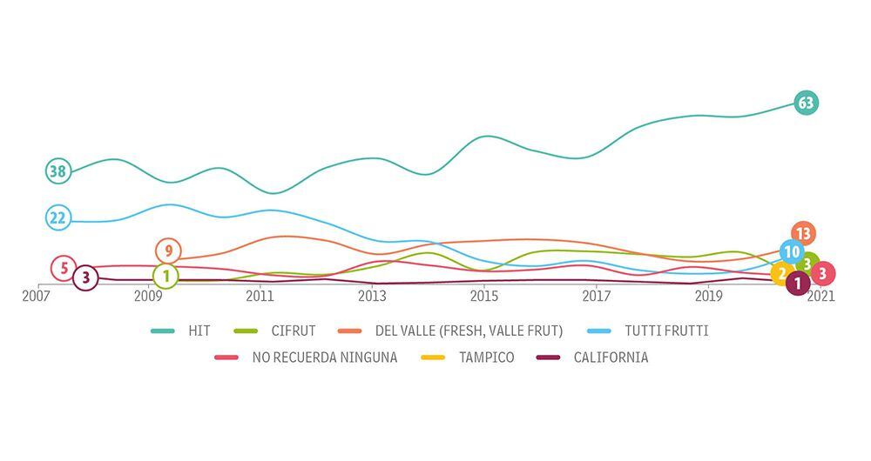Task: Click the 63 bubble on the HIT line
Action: (x=807, y=104)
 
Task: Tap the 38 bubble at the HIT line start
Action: (x=57, y=171)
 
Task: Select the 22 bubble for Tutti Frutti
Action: (x=57, y=217)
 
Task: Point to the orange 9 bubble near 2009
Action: (x=168, y=251)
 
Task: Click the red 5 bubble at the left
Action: (x=64, y=269)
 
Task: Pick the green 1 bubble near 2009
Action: (x=165, y=277)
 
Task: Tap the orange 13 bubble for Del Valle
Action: (x=803, y=233)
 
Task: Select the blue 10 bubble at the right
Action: (x=791, y=252)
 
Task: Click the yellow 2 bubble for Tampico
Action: (x=782, y=274)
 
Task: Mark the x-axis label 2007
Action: (x=36, y=297)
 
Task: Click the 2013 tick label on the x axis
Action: (x=372, y=297)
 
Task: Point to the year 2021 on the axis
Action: (x=820, y=297)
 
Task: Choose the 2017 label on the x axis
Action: (x=596, y=297)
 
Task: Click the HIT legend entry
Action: (x=199, y=331)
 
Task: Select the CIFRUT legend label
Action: (x=293, y=331)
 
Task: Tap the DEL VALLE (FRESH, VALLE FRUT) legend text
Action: (x=469, y=331)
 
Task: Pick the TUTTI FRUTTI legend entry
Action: (x=665, y=331)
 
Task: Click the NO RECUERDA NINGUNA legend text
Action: (x=324, y=357)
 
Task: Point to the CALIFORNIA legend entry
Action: (x=611, y=357)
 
